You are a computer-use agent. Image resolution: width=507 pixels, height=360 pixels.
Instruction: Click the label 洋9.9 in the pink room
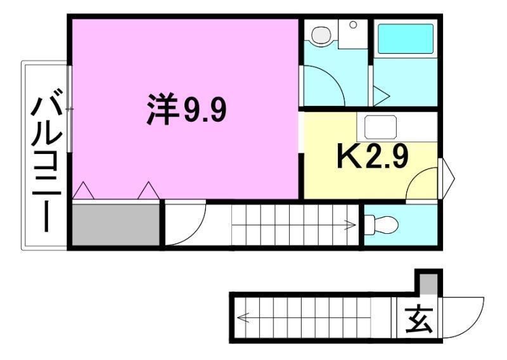186,111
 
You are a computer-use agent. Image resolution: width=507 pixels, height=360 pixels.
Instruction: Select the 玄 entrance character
420,319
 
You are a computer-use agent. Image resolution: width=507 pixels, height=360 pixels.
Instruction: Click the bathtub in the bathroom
406,39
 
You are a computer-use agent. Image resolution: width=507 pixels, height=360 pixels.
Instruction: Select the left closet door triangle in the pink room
83,191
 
